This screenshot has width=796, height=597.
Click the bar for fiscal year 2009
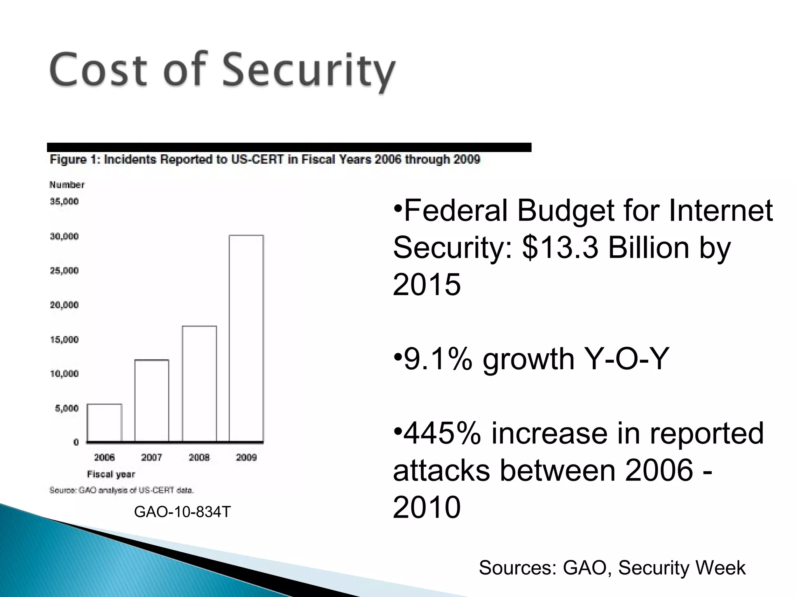coord(246,338)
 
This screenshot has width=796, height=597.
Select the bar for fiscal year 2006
coord(105,422)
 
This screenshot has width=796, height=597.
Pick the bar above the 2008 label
coord(199,384)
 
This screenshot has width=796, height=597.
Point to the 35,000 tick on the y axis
coord(64,201)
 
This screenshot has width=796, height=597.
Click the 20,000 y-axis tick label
coord(64,305)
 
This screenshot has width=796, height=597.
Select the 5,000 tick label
coord(66,408)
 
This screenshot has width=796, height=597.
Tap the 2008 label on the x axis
coord(199,457)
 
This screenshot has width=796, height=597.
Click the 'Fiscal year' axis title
coord(111,474)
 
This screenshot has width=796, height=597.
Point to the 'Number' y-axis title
coord(67,185)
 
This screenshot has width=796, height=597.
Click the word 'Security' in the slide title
coord(309,71)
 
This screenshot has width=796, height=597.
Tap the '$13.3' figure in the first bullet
coord(560,248)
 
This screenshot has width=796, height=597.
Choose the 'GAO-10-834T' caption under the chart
coord(182,512)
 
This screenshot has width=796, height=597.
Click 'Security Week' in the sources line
coord(682,567)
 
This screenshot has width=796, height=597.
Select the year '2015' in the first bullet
coord(427,285)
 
